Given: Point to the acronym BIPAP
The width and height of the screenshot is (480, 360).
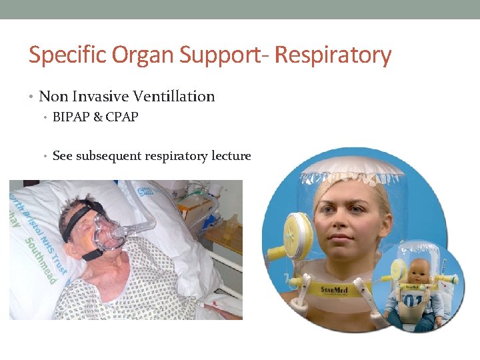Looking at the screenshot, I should pos(71,117).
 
